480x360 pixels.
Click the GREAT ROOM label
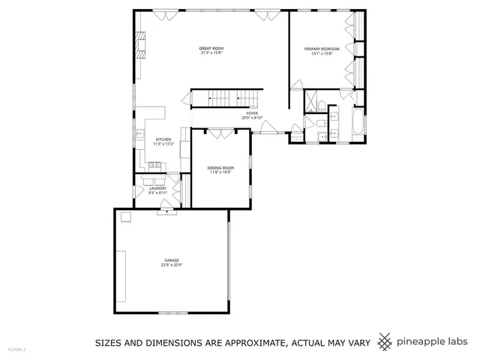click(x=212, y=48)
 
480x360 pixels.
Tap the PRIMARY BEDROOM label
click(x=322, y=49)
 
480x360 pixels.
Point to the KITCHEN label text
click(x=163, y=139)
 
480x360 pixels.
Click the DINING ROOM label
click(x=220, y=168)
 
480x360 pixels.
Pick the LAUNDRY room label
click(x=157, y=188)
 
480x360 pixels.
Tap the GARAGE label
click(x=172, y=260)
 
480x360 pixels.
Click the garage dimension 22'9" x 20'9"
click(x=172, y=265)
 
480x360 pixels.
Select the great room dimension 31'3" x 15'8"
click(x=212, y=53)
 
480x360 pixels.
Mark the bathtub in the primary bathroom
click(x=357, y=124)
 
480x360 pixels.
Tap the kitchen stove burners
click(x=139, y=135)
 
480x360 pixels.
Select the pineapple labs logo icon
click(x=384, y=342)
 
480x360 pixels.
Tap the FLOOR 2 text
click(x=16, y=349)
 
